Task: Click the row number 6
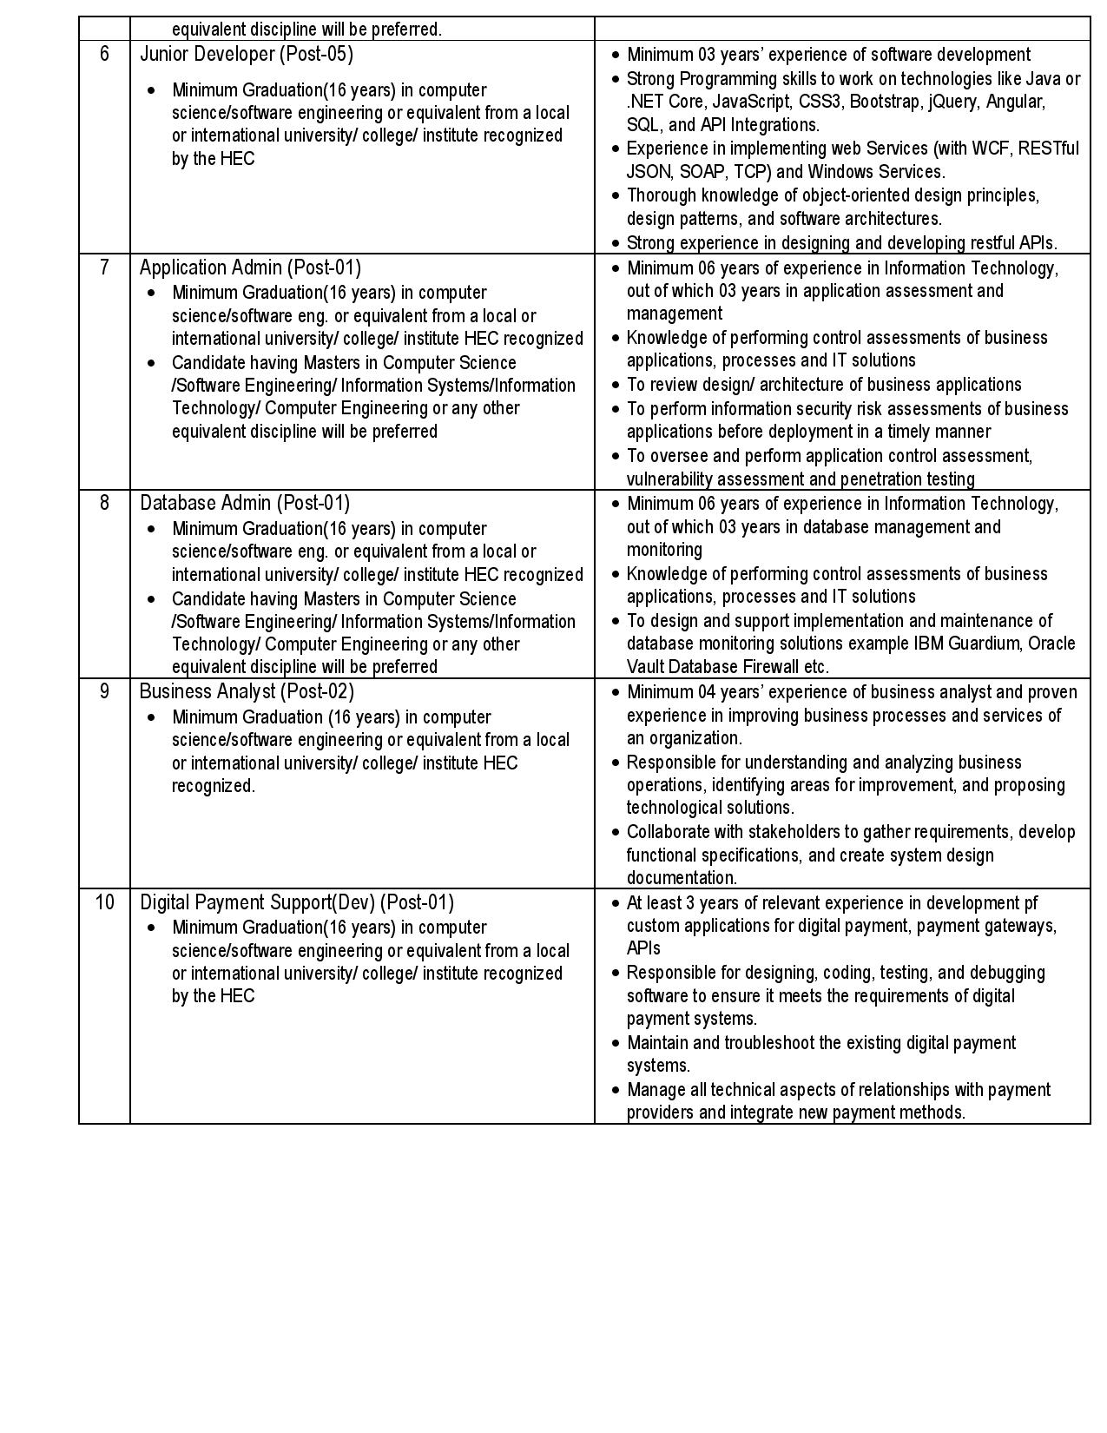[x=104, y=54]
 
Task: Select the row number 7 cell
[x=104, y=267]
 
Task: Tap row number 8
[x=104, y=503]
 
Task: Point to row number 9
[x=104, y=691]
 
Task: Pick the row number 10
[x=104, y=902]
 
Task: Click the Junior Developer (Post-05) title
[x=247, y=54]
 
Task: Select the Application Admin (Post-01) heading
[x=250, y=267]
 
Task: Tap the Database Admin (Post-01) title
[x=245, y=503]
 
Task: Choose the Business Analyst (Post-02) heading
[x=247, y=691]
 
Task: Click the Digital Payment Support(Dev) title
[x=297, y=902]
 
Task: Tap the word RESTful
[x=1049, y=149]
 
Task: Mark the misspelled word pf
[x=1031, y=902]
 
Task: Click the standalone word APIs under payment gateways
[x=643, y=948]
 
